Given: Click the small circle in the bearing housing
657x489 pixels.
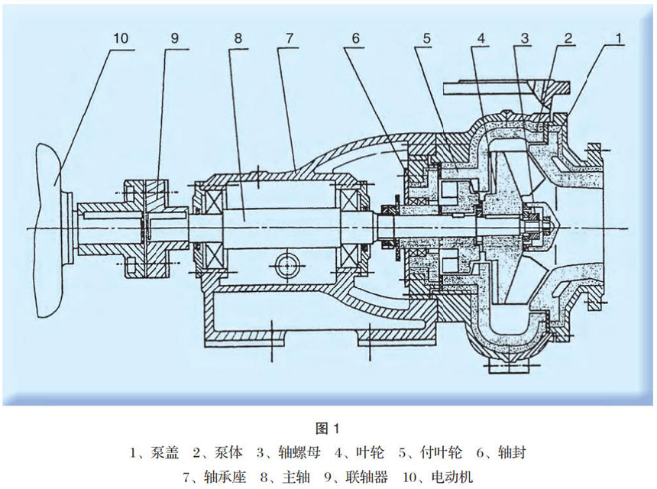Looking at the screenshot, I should (287, 264).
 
